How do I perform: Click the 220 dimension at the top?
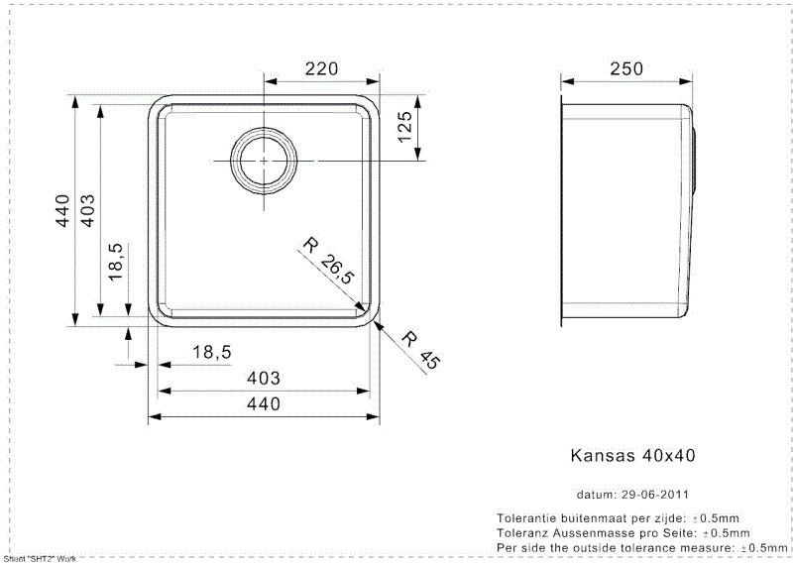(321, 68)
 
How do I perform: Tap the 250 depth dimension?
(626, 68)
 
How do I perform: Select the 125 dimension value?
(405, 127)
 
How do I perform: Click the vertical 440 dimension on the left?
(62, 210)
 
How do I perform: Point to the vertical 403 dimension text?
(87, 210)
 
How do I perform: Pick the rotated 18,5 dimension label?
(116, 262)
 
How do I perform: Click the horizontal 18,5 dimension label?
(212, 352)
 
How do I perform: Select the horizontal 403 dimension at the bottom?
(263, 378)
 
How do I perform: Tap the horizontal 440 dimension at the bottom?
(263, 403)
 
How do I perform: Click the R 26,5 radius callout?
(329, 261)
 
